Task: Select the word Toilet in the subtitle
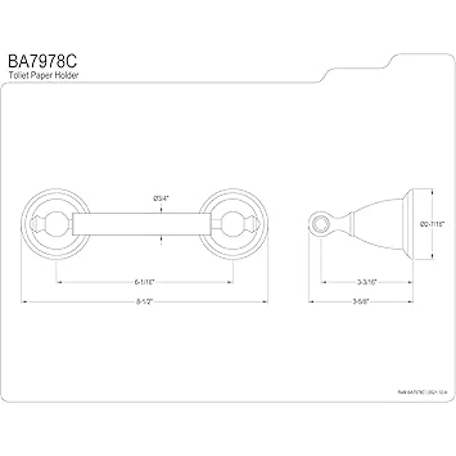point(17,75)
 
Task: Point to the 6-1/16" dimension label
point(144,282)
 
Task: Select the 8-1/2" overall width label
point(144,302)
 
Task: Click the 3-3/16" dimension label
point(367,282)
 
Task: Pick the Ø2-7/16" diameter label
point(432,225)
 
